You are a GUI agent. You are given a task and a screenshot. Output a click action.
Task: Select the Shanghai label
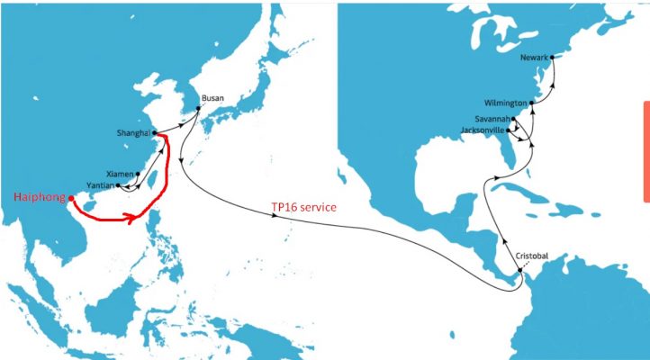tap(133, 133)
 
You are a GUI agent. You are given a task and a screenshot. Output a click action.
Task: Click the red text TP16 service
tap(303, 207)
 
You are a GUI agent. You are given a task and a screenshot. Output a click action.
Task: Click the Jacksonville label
tap(484, 130)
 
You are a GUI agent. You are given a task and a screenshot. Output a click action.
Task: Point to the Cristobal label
tap(531, 256)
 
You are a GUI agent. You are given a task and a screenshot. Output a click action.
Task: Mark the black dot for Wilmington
tap(532, 103)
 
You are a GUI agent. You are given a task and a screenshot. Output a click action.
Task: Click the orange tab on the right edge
tap(645, 150)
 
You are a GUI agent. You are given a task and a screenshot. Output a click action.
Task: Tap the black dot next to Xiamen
tap(138, 172)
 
